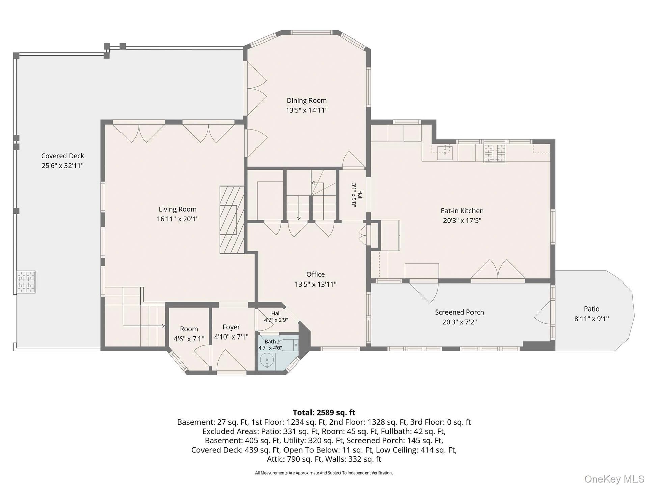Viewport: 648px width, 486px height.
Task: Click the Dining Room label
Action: click(306, 100)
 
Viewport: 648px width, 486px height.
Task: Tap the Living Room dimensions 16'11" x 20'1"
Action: click(178, 219)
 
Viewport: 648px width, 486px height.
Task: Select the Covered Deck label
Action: click(62, 156)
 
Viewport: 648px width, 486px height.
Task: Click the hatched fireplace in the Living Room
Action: click(232, 220)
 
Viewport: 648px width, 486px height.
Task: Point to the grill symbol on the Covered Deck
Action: click(26, 282)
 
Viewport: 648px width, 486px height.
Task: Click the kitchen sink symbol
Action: click(445, 153)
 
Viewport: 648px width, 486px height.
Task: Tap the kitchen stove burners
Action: click(495, 153)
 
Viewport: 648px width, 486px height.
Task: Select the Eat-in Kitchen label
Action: click(462, 211)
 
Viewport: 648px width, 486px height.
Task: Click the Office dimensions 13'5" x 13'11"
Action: click(316, 284)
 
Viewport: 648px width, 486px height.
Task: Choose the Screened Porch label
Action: click(459, 312)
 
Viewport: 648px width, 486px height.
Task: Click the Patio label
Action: click(592, 309)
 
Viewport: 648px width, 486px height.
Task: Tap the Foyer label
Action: click(231, 327)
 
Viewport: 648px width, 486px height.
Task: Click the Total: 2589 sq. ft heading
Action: click(324, 412)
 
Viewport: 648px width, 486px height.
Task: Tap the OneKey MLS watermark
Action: click(614, 479)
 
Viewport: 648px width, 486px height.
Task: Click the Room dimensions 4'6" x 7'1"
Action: click(189, 339)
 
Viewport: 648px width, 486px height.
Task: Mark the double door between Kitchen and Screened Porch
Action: click(498, 270)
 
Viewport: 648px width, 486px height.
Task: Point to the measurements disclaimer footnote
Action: click(324, 473)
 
